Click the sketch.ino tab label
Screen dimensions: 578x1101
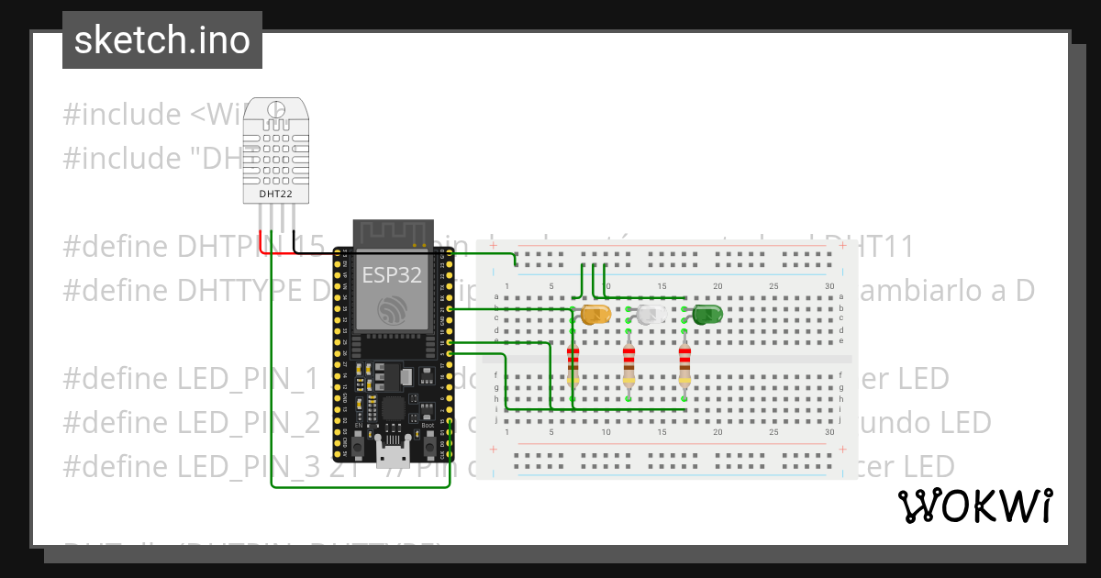pyautogui.click(x=161, y=40)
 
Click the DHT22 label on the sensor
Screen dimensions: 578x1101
pyautogui.click(x=274, y=194)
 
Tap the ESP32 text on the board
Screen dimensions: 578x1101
pyautogui.click(x=392, y=275)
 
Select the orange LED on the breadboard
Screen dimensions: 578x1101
pyautogui.click(x=595, y=315)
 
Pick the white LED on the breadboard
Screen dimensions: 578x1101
pyautogui.click(x=651, y=315)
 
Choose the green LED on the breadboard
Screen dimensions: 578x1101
pyautogui.click(x=706, y=315)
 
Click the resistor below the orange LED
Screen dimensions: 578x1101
pyautogui.click(x=573, y=364)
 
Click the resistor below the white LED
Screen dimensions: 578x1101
pyautogui.click(x=628, y=364)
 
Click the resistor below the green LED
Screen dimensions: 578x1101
pyautogui.click(x=684, y=364)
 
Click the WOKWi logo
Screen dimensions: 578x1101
pyautogui.click(x=974, y=506)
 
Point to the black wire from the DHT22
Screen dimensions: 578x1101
pyautogui.click(x=295, y=242)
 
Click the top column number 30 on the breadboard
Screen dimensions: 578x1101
pyautogui.click(x=829, y=287)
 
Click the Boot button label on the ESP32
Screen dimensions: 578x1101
pyautogui.click(x=428, y=426)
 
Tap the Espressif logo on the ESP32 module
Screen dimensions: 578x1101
pyautogui.click(x=392, y=310)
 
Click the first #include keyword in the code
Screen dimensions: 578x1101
pyautogui.click(x=121, y=115)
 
